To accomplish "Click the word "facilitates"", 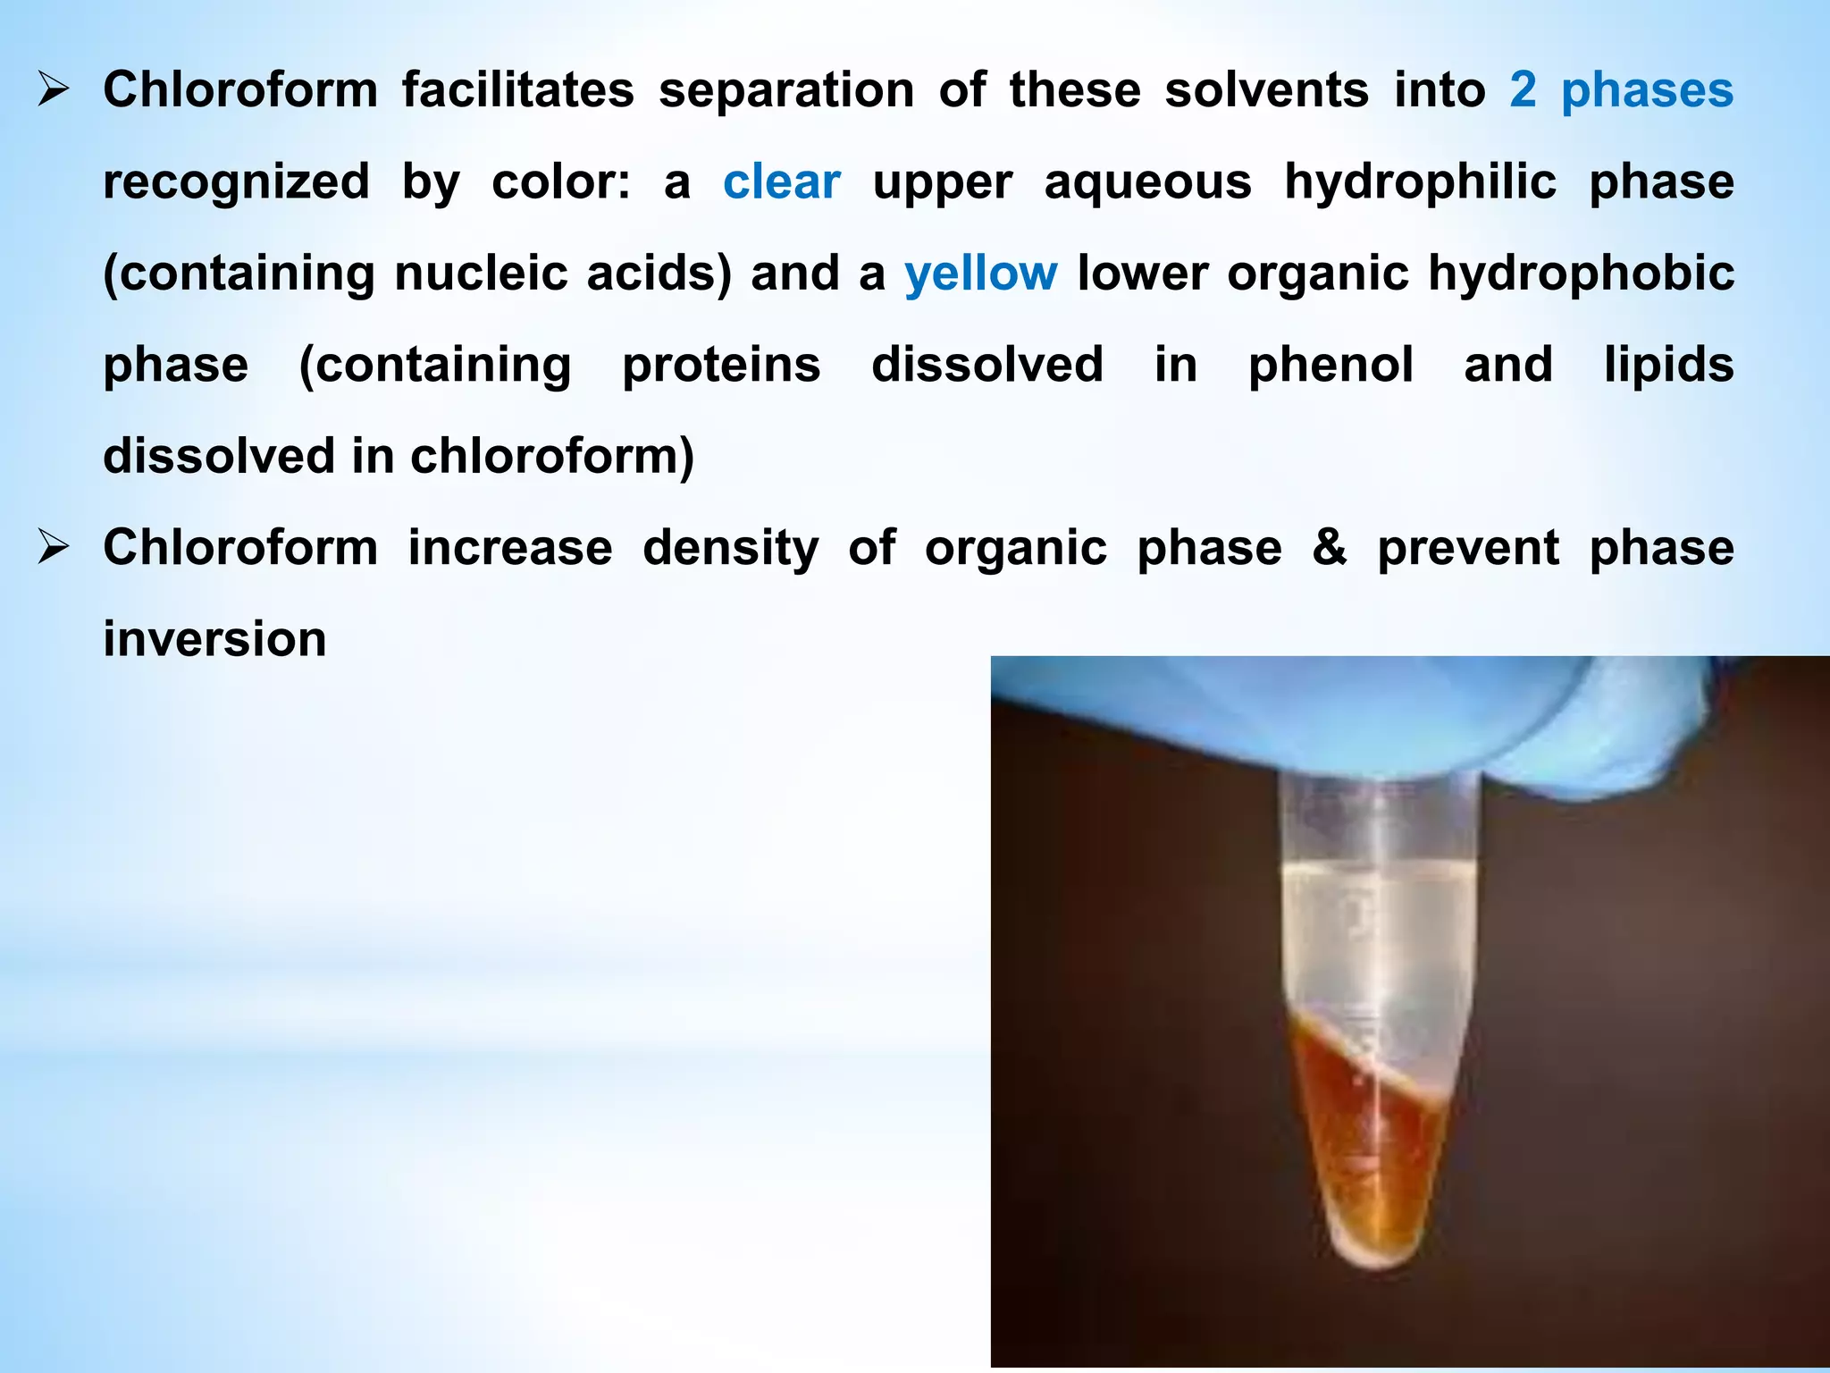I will [517, 90].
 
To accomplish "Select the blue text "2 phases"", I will [1621, 90].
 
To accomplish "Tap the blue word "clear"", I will [781, 182].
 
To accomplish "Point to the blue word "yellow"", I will [980, 274].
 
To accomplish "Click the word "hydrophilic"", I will [1420, 182].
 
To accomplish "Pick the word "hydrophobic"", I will [1581, 274].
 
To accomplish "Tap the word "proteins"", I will [721, 365].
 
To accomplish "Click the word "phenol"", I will [1331, 365].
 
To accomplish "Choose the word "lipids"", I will [1668, 365].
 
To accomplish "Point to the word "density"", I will [730, 548].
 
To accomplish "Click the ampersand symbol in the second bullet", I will [1330, 547].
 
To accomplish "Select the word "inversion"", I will [214, 639].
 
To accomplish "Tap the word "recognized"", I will [236, 182].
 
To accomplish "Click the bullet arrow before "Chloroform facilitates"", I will [54, 90].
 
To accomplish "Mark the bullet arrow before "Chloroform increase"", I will [54, 548].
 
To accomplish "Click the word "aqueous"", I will [1147, 182].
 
